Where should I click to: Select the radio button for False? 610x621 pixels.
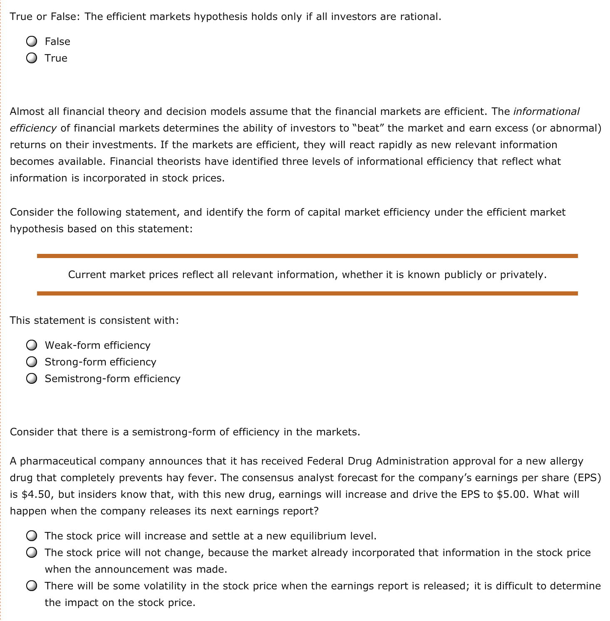coord(32,41)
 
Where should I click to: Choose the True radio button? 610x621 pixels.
coord(32,58)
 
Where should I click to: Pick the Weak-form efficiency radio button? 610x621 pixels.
coord(32,345)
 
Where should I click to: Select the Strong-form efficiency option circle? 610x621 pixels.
coord(32,362)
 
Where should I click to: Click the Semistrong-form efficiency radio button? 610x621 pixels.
coord(32,378)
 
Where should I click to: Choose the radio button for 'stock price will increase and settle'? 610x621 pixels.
coord(32,536)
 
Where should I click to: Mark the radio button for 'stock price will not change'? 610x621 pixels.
coord(32,552)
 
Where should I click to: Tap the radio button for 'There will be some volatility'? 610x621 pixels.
coord(32,586)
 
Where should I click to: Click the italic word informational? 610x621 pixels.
coord(546,112)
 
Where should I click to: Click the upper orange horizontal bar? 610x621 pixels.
coord(307,256)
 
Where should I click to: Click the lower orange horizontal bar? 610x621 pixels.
coord(307,293)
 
